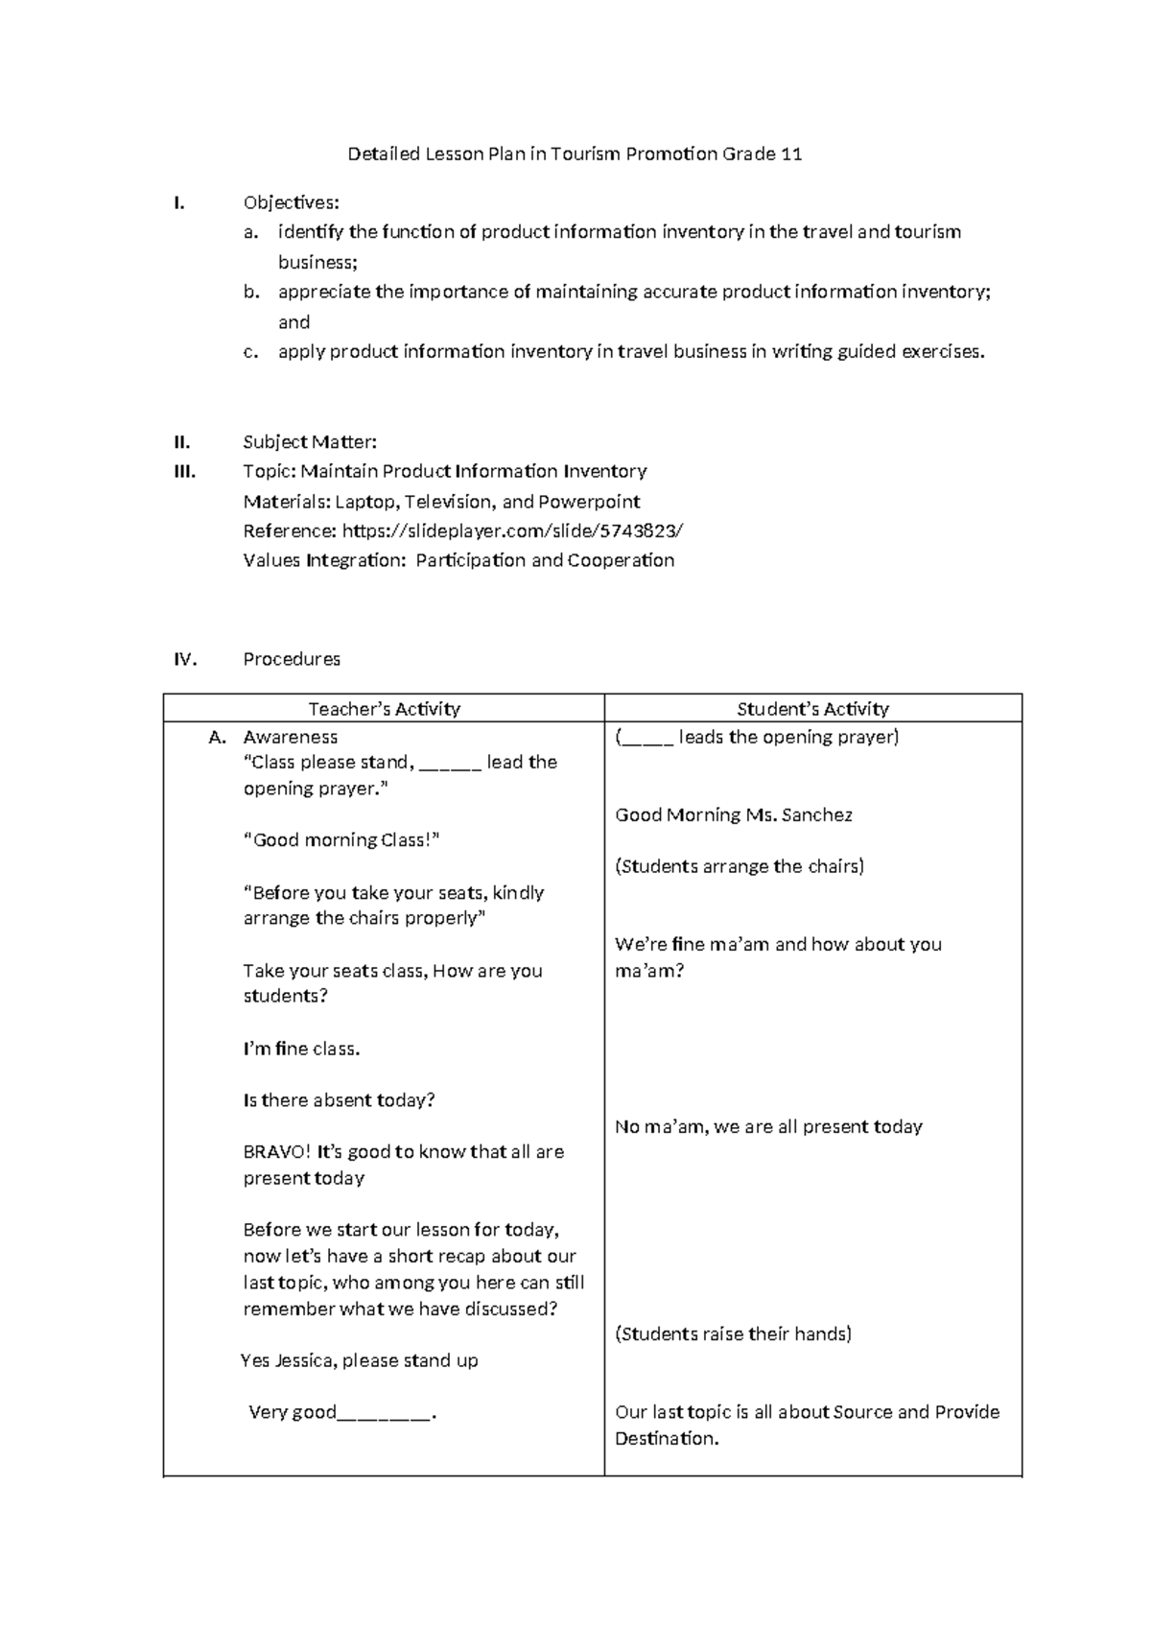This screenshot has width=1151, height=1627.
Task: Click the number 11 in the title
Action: tap(791, 153)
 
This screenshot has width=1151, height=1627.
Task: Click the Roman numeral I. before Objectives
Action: tap(177, 202)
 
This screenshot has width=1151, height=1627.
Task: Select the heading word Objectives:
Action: tap(291, 202)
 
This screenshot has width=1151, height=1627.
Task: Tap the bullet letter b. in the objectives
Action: tap(250, 292)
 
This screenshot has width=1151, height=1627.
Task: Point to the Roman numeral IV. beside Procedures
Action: tap(184, 659)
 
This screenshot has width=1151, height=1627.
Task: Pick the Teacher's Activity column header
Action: tap(384, 709)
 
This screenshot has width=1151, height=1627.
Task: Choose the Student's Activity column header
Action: tap(812, 709)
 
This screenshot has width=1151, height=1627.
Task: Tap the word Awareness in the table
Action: tap(290, 737)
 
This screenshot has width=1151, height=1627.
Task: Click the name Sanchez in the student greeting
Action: tap(816, 814)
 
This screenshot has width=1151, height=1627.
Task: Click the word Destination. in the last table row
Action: tap(667, 1438)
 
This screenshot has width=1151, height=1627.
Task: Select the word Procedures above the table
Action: tap(292, 659)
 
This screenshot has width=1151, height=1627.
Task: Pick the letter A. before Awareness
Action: tap(218, 737)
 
